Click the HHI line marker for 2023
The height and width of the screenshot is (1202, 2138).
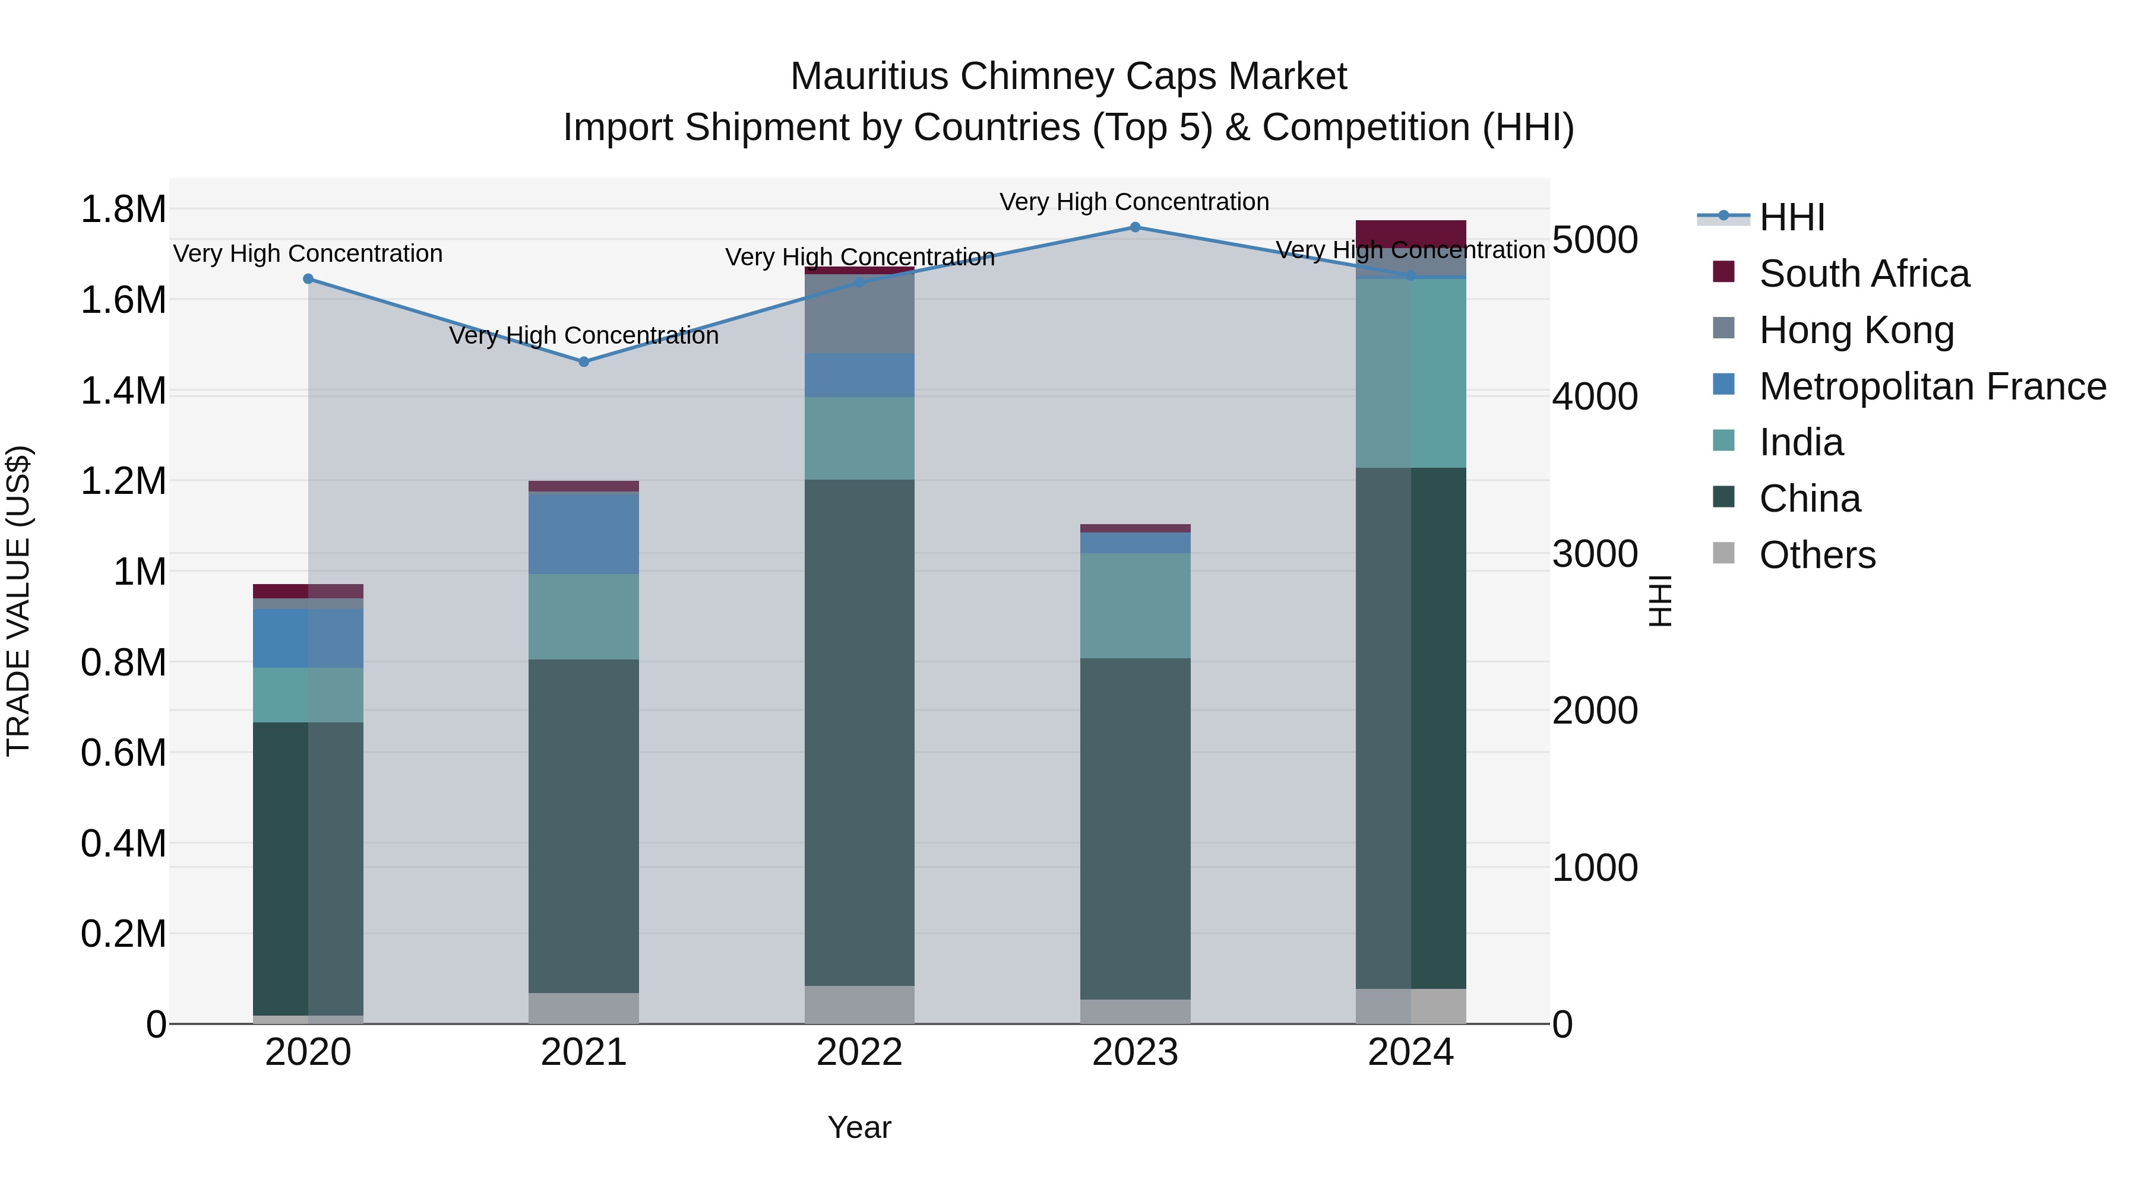click(1134, 227)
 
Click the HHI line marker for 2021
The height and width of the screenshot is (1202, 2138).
click(583, 361)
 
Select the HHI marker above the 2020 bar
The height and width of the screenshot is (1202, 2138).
click(308, 279)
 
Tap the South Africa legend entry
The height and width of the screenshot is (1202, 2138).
click(1863, 274)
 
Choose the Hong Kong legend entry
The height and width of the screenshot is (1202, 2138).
click(1856, 330)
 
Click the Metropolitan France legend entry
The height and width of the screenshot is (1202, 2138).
click(1932, 386)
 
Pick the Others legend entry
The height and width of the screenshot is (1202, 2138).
click(1817, 555)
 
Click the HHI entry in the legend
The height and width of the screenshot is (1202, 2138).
click(1791, 217)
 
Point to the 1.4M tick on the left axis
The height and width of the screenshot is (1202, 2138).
click(123, 391)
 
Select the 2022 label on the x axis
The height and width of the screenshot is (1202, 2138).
click(859, 1052)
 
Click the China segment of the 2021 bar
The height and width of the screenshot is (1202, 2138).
click(583, 826)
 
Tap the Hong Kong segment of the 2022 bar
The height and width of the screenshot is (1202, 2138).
click(859, 313)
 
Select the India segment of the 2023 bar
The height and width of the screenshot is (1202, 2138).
click(1134, 605)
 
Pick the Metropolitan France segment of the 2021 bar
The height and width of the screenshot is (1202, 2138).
click(583, 534)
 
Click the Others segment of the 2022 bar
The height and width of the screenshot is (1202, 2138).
click(859, 1004)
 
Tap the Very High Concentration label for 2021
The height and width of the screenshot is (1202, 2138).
click(583, 336)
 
